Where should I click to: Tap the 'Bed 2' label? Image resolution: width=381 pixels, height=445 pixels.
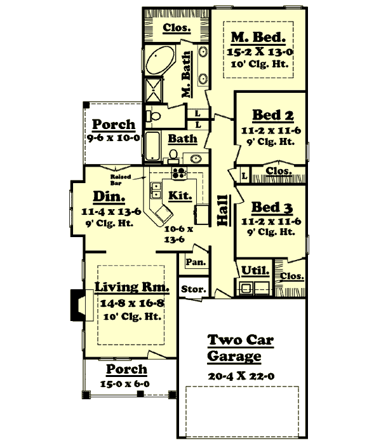[x=272, y=115]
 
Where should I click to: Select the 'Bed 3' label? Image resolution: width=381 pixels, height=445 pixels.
[x=272, y=207]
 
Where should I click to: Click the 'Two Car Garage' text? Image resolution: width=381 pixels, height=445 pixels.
[x=241, y=348]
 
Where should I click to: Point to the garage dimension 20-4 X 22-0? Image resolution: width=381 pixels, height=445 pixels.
[x=241, y=376]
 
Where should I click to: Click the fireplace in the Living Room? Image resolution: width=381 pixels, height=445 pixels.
[x=77, y=304]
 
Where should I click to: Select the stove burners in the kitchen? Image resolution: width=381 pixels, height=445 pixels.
[x=177, y=172]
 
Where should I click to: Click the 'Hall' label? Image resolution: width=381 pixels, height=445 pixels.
[x=223, y=210]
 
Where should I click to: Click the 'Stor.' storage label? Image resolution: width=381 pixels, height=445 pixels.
[x=193, y=289]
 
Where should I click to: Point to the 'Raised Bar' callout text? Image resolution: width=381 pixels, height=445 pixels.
[x=121, y=179]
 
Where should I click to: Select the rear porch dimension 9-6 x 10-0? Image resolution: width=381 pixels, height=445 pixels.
[x=113, y=137]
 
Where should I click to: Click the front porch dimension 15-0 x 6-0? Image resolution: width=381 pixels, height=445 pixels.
[x=126, y=384]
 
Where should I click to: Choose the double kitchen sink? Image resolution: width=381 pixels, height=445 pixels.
[x=156, y=189]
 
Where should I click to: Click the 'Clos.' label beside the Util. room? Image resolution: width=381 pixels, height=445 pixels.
[x=291, y=277]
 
